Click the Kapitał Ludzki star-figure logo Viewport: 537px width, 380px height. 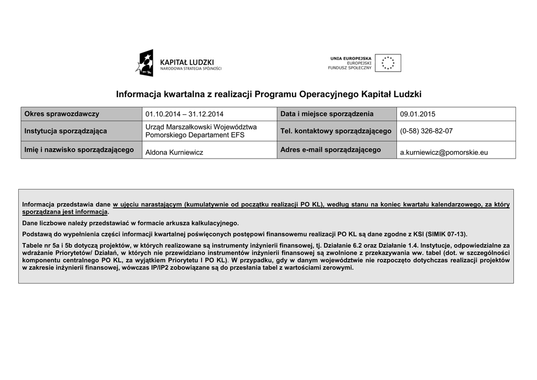pyautogui.click(x=145, y=63)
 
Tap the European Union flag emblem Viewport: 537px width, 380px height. pyautogui.click(x=388, y=63)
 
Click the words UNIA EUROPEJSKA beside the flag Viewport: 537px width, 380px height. pyautogui.click(x=351, y=58)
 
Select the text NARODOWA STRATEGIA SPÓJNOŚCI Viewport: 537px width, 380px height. pyautogui.click(x=190, y=69)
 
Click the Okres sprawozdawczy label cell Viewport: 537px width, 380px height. pyautogui.click(x=62, y=114)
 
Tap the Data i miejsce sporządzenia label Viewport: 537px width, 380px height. pyautogui.click(x=327, y=114)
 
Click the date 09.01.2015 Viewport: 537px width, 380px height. pyautogui.click(x=417, y=114)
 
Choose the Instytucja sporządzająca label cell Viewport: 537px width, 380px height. pyautogui.click(x=66, y=131)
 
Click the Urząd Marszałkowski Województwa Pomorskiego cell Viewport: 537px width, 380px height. pyautogui.click(x=201, y=131)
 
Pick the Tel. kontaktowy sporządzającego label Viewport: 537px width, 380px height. pyautogui.click(x=336, y=131)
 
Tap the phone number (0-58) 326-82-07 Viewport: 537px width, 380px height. pyautogui.click(x=426, y=131)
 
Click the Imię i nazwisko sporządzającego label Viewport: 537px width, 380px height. pyautogui.click(x=79, y=150)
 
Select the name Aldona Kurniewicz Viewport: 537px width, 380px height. pyautogui.click(x=174, y=152)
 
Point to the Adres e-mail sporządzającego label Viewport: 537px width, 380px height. pyautogui.click(x=330, y=150)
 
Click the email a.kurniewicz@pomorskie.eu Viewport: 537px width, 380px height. pyautogui.click(x=444, y=152)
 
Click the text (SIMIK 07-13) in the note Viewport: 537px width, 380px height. pyautogui.click(x=446, y=234)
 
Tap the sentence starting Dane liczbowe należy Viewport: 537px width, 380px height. pyautogui.click(x=130, y=223)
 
